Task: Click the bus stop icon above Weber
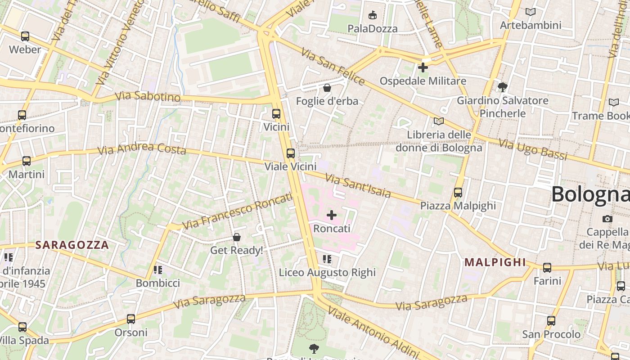point(25,36)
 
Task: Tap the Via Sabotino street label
point(148,97)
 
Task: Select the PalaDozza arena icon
point(373,15)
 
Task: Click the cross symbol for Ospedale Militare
point(423,67)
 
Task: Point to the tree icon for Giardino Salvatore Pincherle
point(503,87)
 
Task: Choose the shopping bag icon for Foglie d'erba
point(327,87)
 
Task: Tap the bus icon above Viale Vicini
point(291,153)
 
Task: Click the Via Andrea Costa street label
point(142,149)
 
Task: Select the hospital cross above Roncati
point(332,215)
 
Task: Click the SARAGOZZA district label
point(72,245)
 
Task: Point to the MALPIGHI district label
point(495,262)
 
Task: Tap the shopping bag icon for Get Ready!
point(237,237)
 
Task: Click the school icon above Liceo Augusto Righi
point(327,259)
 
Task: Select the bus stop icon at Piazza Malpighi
point(458,192)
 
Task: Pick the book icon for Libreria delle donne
point(438,121)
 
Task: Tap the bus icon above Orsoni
point(131,319)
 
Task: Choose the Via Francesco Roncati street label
point(237,211)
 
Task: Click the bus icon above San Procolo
point(551,320)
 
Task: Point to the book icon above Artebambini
point(531,12)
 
